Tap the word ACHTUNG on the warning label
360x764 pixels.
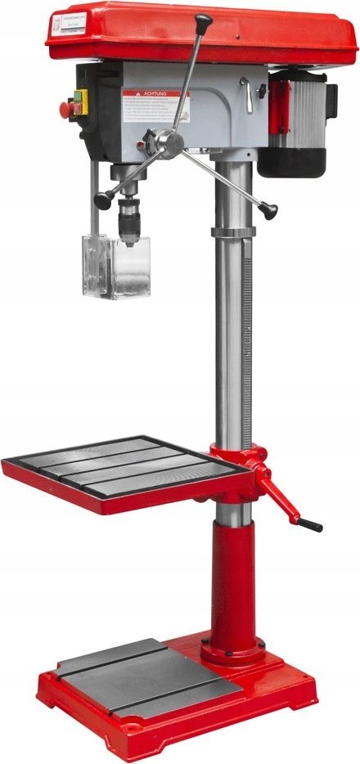pos(154,94)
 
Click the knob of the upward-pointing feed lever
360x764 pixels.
pos(203,19)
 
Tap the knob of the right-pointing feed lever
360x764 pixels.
pos(268,212)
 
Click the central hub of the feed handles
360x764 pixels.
pos(170,145)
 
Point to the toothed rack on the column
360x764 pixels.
pos(245,327)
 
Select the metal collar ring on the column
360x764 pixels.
pos(233,231)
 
